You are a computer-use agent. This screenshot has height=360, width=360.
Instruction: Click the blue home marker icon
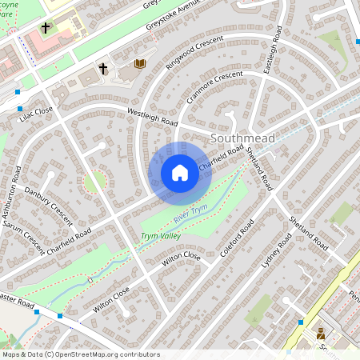click(180, 173)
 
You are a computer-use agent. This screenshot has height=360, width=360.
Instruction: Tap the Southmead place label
click(242, 138)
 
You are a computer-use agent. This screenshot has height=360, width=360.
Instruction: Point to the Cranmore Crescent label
click(214, 86)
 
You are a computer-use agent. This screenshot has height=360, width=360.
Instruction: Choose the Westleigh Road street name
click(152, 118)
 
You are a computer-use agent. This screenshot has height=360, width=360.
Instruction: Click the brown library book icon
click(140, 63)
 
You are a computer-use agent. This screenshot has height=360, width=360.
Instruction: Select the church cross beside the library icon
click(103, 69)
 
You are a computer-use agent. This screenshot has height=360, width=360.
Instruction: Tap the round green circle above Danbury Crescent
click(94, 182)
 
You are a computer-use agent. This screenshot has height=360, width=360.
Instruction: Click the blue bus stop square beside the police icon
click(300, 322)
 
